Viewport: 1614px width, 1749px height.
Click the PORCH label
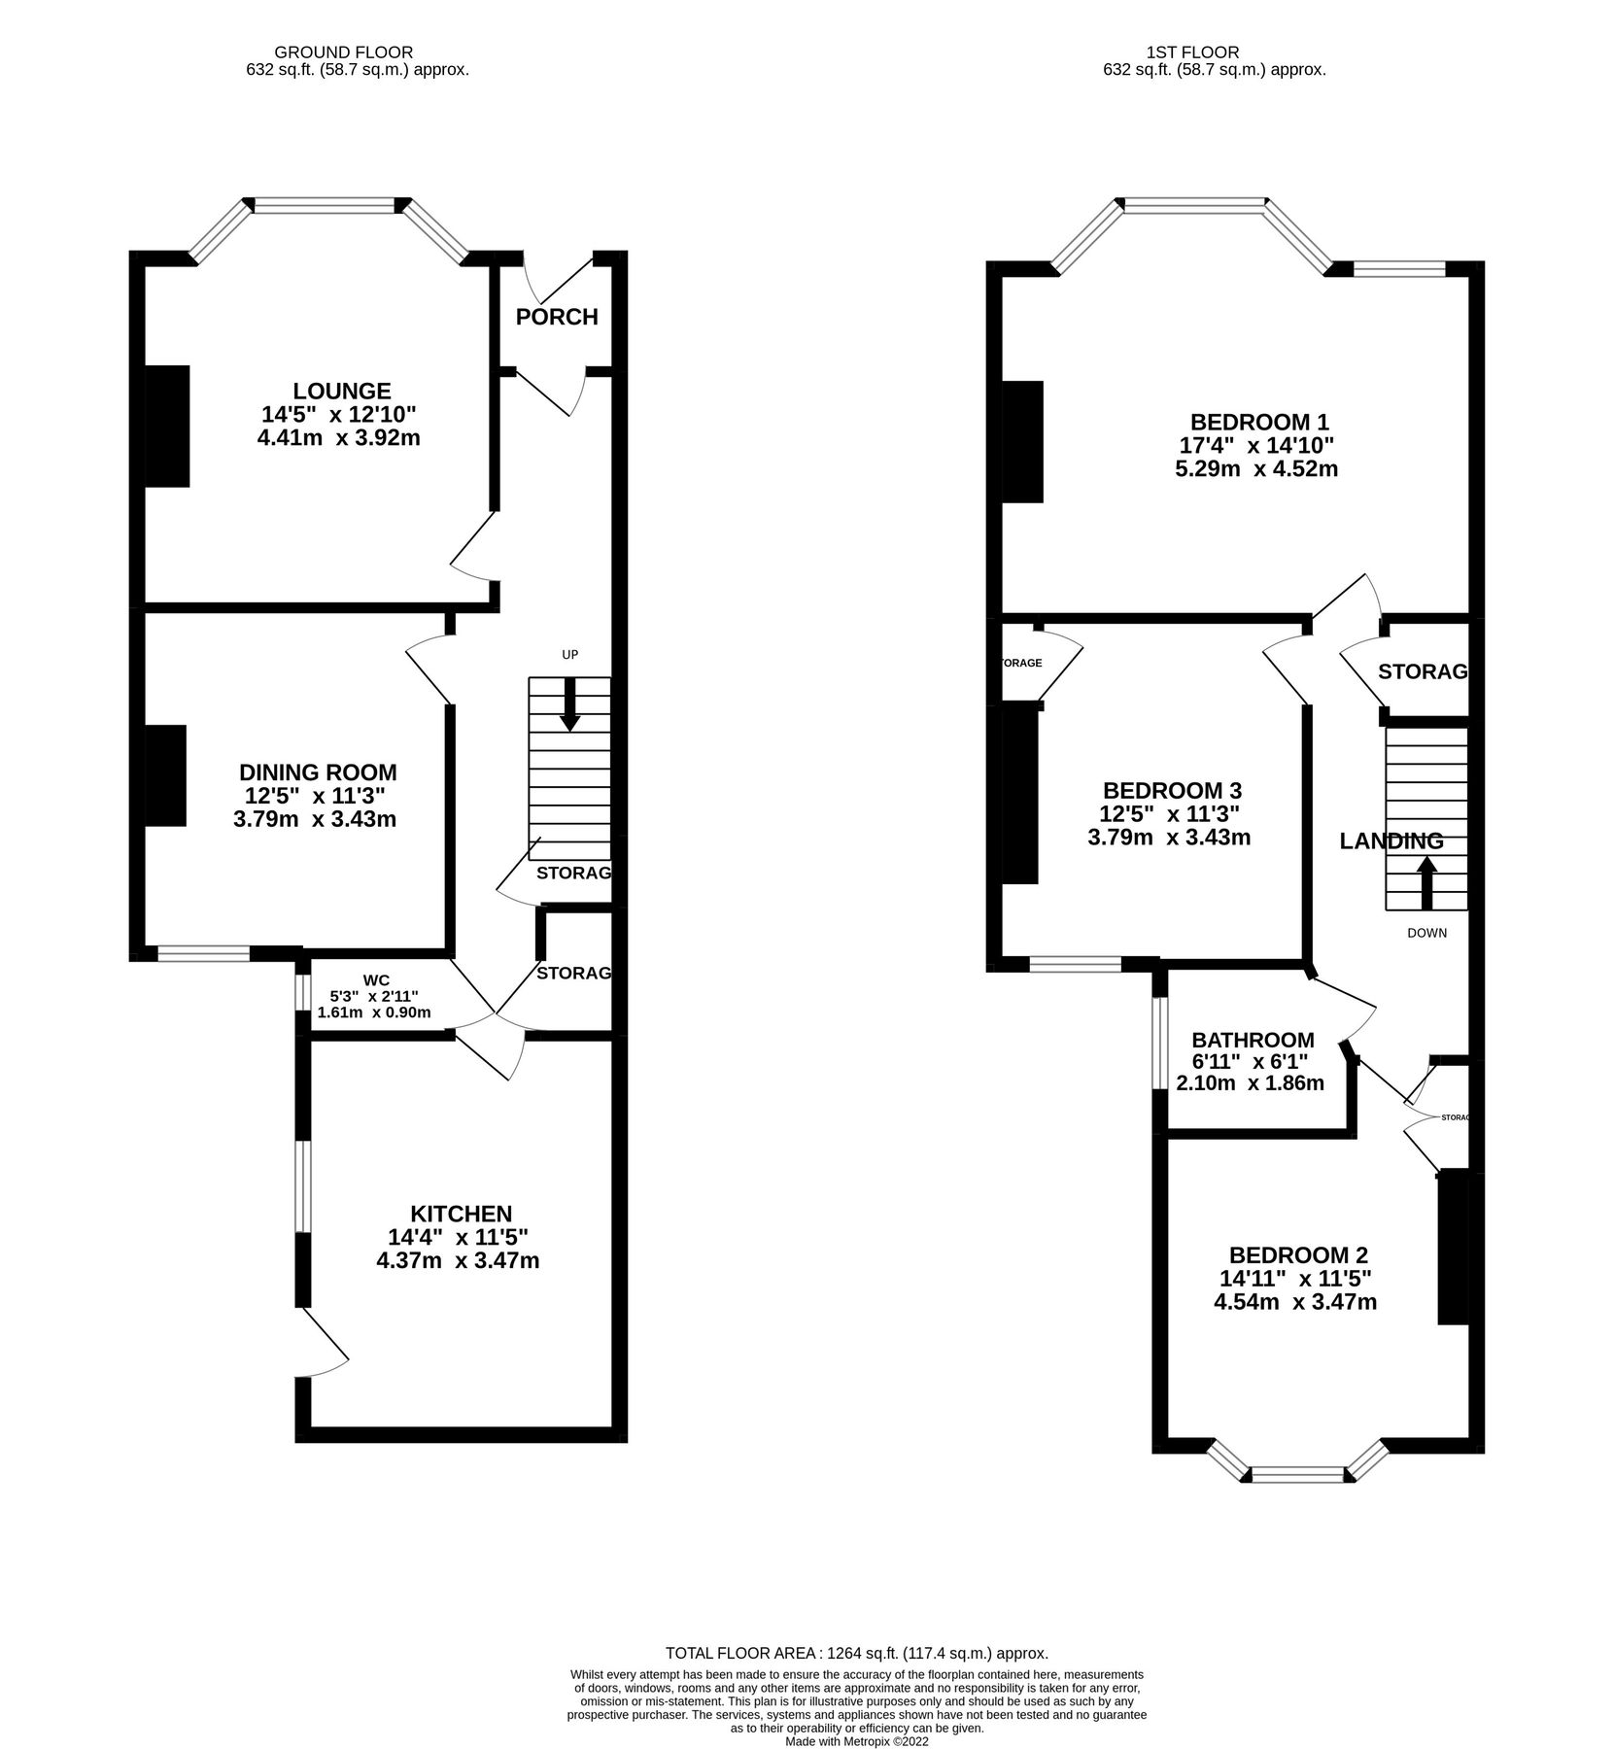click(556, 317)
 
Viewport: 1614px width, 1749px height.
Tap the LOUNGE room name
click(342, 391)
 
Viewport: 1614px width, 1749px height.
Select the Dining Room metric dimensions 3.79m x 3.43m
click(315, 819)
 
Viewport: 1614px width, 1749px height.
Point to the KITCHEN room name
click(461, 1214)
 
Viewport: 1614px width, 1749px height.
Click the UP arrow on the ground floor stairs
click(569, 704)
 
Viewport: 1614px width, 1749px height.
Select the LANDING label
click(1391, 841)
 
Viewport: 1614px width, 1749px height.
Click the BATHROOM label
click(1253, 1041)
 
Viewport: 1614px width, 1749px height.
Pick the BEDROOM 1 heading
click(1259, 423)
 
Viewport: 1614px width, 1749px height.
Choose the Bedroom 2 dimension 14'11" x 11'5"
click(1296, 1279)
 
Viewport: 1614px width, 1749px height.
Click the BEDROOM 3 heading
click(1172, 791)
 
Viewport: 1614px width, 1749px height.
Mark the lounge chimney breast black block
click(167, 426)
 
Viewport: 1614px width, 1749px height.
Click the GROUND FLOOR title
click(343, 52)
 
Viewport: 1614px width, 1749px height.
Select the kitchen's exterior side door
click(324, 1344)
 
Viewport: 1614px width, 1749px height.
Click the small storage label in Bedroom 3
click(1020, 663)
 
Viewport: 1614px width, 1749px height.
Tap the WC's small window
click(302, 992)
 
